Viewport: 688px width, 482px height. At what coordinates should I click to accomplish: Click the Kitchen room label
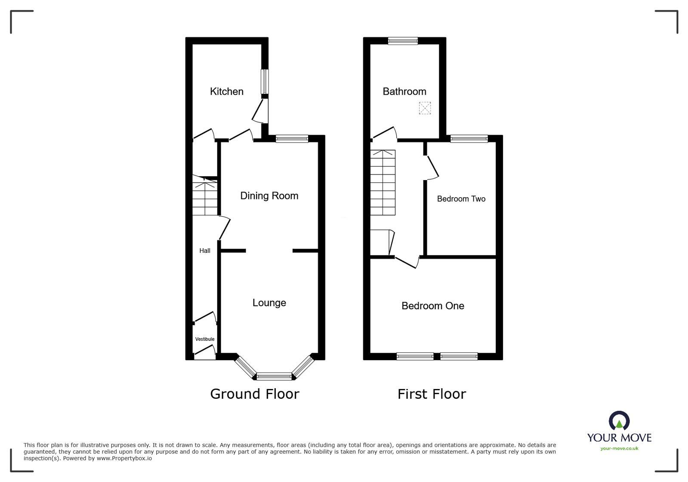[226, 91]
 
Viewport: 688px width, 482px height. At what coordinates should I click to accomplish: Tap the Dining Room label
[269, 196]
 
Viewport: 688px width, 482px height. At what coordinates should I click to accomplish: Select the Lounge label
[269, 303]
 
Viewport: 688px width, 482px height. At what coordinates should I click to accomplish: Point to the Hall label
[205, 251]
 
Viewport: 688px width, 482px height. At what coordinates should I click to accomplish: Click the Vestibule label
[205, 339]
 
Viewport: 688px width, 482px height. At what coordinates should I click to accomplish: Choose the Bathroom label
[404, 91]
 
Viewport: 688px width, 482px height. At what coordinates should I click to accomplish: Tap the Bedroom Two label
[461, 199]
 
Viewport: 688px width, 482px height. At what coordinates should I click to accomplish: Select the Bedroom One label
[432, 306]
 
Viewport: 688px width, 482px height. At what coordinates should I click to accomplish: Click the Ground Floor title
[254, 394]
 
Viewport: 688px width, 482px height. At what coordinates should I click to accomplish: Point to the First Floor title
[432, 394]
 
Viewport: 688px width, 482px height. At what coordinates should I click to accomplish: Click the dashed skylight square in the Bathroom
[425, 108]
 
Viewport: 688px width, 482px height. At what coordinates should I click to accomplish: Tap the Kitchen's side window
[265, 81]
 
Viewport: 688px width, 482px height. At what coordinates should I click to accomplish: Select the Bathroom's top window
[403, 41]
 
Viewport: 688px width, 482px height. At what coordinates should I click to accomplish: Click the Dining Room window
[292, 139]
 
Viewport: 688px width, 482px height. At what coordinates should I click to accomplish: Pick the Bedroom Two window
[469, 139]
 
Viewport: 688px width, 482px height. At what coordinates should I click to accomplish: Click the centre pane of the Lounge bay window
[274, 376]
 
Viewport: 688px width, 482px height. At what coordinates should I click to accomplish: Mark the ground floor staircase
[205, 198]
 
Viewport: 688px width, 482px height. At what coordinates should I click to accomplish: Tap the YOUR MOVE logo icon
[619, 420]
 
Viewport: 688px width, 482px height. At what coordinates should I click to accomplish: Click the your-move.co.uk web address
[619, 448]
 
